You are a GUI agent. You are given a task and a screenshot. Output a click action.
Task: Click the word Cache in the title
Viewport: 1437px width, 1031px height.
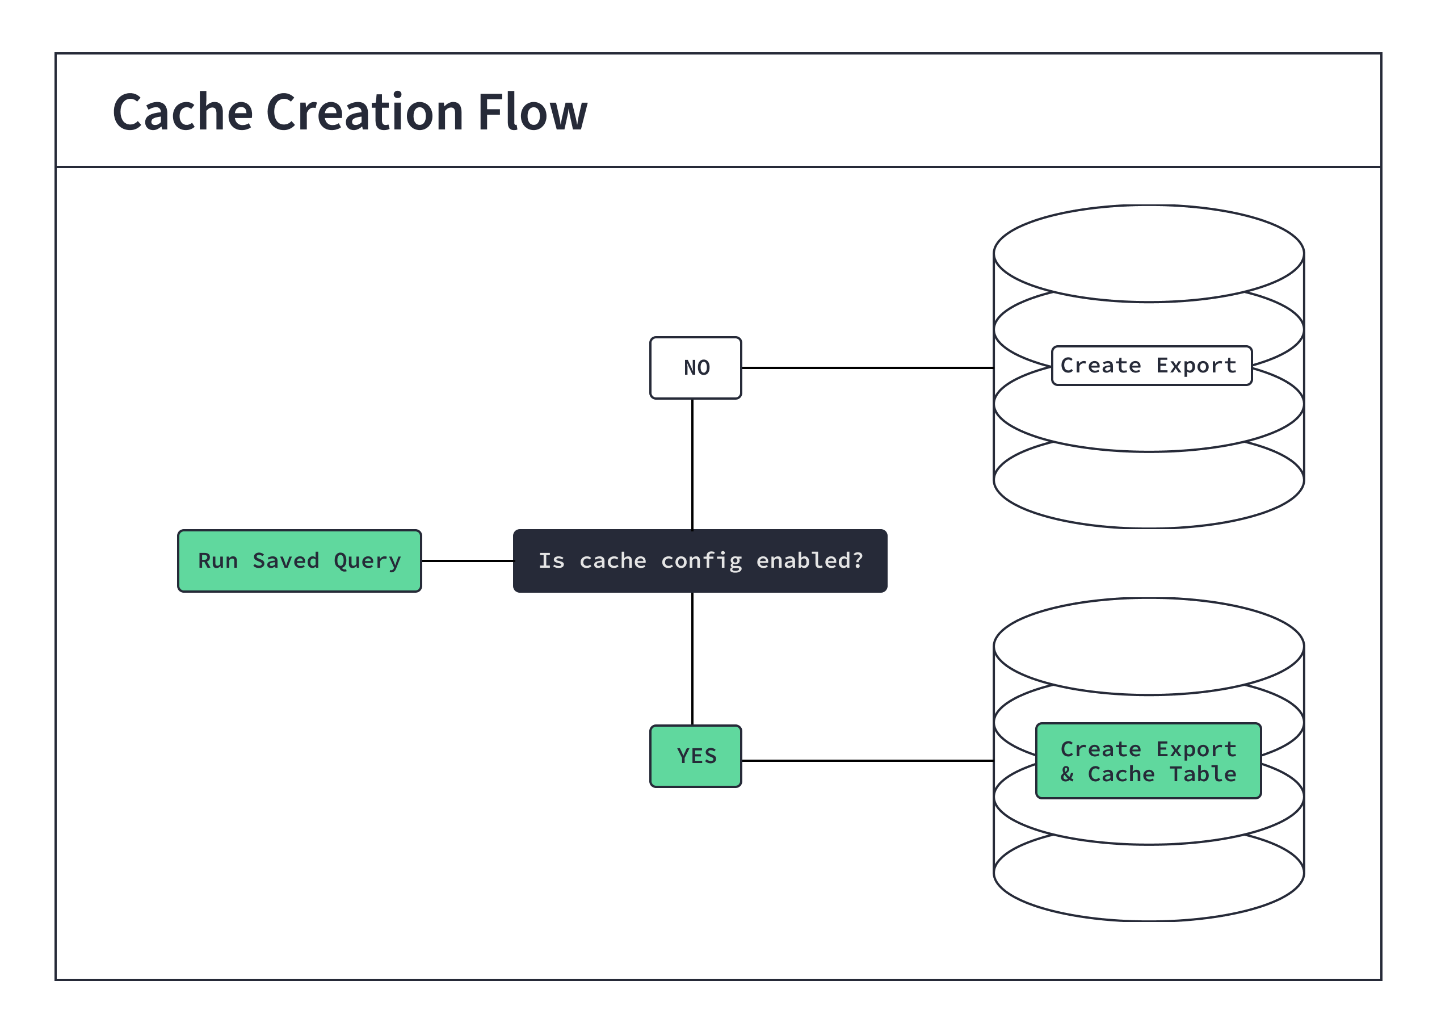tap(183, 113)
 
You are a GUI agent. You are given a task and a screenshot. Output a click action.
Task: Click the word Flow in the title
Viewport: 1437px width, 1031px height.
tap(532, 113)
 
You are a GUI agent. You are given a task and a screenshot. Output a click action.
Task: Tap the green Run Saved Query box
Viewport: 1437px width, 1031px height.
tap(299, 561)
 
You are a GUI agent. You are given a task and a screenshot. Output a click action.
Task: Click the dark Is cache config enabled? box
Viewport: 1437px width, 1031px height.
tap(700, 561)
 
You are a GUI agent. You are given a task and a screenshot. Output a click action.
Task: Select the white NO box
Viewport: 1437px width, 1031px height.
tap(695, 367)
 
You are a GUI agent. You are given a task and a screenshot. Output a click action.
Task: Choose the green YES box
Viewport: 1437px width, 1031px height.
tap(695, 756)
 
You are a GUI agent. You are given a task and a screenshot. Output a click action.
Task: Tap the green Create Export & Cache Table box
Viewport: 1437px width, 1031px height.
tap(1148, 760)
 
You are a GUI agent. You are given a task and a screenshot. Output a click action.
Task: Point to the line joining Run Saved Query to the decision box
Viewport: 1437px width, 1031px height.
tap(467, 561)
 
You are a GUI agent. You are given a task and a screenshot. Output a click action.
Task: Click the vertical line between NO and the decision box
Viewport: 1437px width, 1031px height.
tap(692, 464)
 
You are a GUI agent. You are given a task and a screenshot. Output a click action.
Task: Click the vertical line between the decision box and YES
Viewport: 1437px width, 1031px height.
tap(692, 659)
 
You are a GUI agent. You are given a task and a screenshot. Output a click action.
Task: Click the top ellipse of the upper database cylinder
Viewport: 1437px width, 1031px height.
tap(1148, 253)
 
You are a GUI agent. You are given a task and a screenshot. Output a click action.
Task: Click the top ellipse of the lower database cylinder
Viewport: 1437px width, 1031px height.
tap(1148, 646)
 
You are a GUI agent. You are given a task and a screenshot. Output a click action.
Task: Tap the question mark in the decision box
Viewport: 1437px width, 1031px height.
tap(857, 560)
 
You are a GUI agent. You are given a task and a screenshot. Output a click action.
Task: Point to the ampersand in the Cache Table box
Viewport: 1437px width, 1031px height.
tap(1067, 774)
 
